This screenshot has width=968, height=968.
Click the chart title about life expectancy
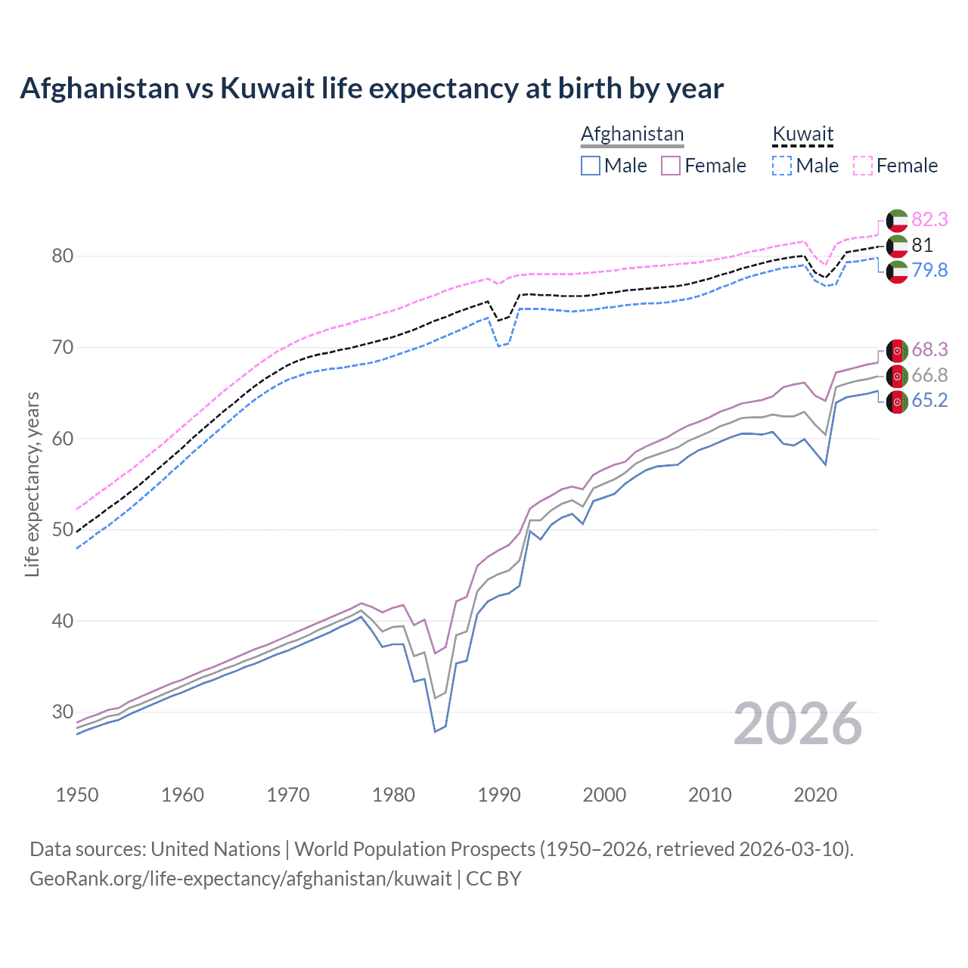(371, 88)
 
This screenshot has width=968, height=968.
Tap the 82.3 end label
(929, 219)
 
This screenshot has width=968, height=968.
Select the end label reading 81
(922, 245)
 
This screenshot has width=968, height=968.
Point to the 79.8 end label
(929, 270)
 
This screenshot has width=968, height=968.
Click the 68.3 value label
(929, 349)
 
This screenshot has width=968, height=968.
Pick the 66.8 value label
(929, 375)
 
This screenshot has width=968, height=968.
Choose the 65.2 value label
(929, 400)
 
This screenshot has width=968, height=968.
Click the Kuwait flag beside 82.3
(897, 220)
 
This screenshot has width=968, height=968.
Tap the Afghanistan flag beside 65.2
(897, 402)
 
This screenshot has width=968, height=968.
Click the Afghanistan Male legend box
(591, 166)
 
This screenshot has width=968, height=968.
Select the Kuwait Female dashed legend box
(863, 166)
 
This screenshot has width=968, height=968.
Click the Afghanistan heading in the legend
(632, 134)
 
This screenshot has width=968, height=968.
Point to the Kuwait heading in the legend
(802, 134)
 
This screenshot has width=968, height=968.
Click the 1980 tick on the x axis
(393, 795)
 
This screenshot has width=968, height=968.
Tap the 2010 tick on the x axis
(709, 795)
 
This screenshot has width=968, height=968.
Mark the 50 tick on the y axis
(63, 530)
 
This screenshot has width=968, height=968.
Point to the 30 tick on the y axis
(63, 712)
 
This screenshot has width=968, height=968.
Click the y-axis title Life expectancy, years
(32, 484)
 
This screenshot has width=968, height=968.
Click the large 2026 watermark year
(798, 724)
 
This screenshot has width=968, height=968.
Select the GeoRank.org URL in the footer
(240, 879)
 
